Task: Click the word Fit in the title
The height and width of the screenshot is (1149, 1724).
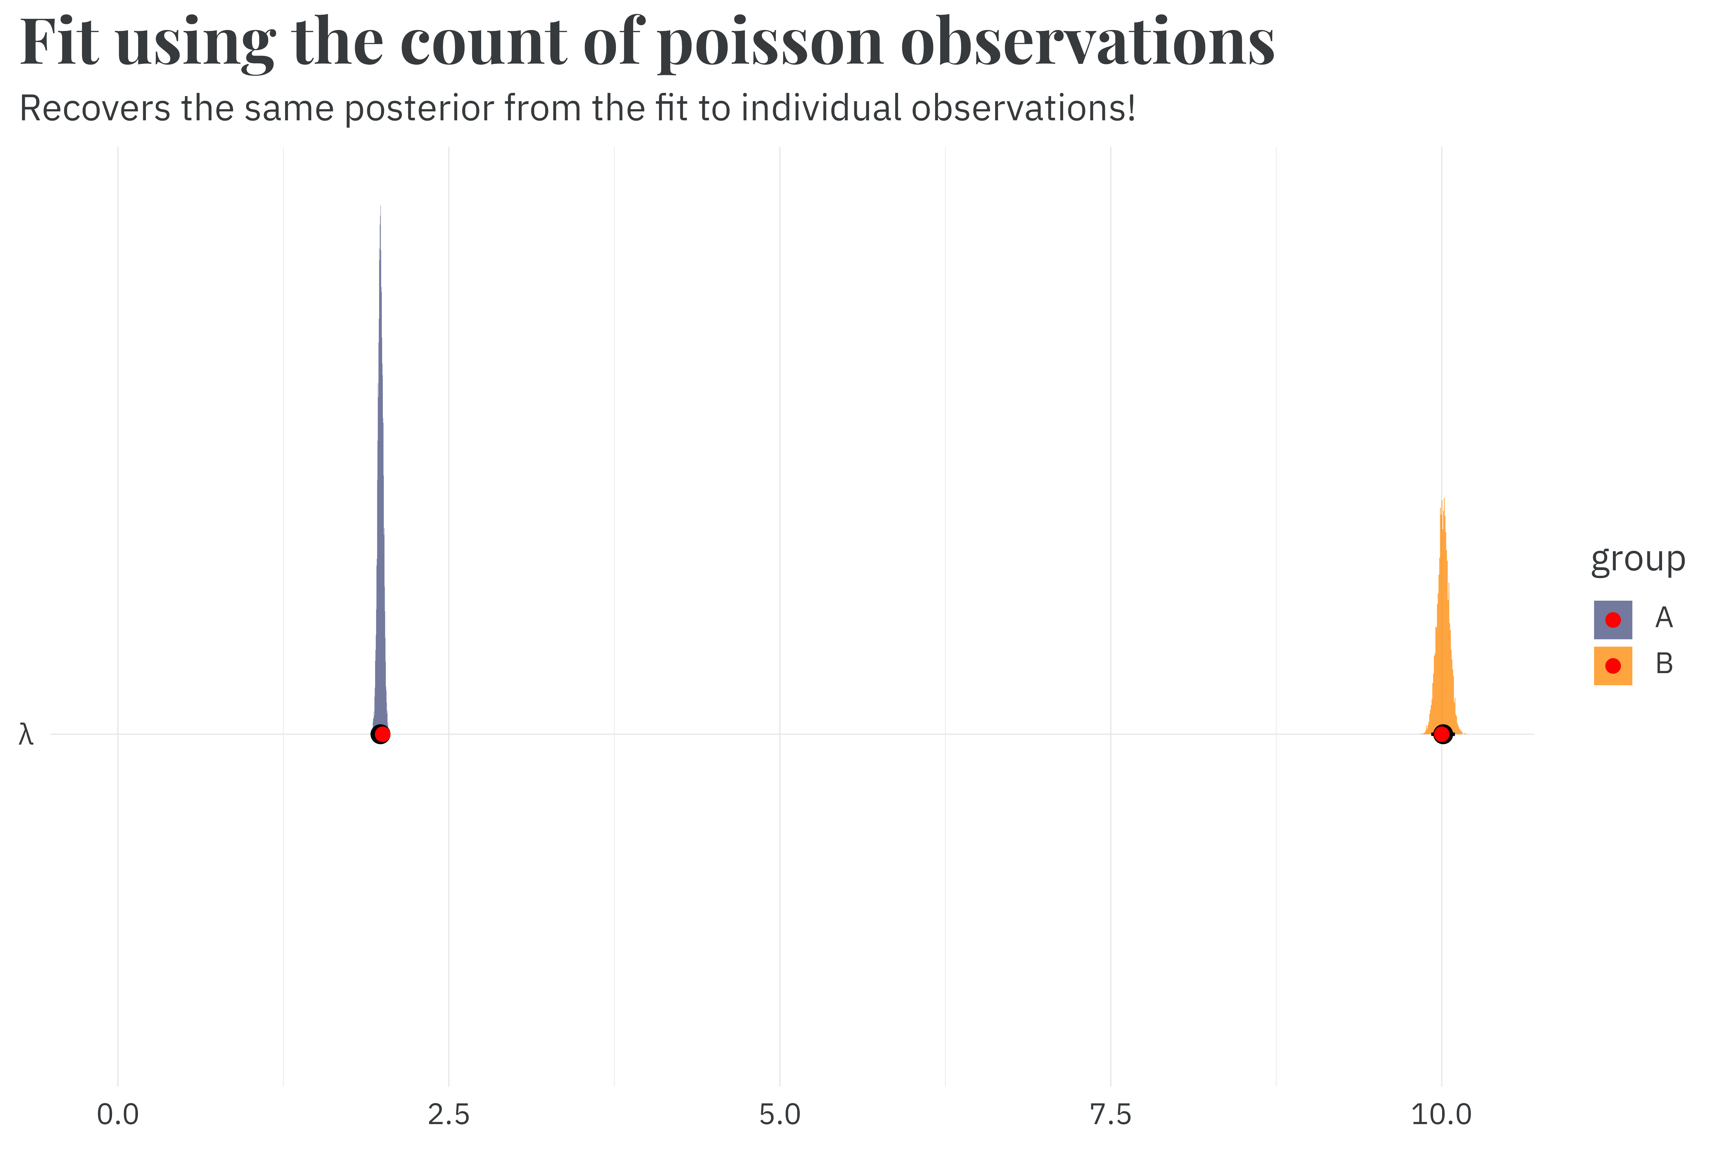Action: [x=59, y=42]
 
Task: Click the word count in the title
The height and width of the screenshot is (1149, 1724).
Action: [x=484, y=42]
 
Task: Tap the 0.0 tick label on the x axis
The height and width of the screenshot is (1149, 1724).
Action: [x=118, y=1115]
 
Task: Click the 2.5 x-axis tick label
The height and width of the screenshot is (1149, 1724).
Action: [x=449, y=1115]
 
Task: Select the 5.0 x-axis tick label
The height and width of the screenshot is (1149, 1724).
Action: [x=780, y=1115]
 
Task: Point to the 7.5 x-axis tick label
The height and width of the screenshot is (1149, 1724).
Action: [x=1110, y=1115]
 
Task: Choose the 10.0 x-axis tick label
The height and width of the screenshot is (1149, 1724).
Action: [x=1441, y=1115]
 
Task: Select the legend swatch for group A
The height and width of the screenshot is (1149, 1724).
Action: [x=1613, y=620]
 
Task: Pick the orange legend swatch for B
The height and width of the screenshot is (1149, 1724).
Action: [x=1613, y=665]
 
